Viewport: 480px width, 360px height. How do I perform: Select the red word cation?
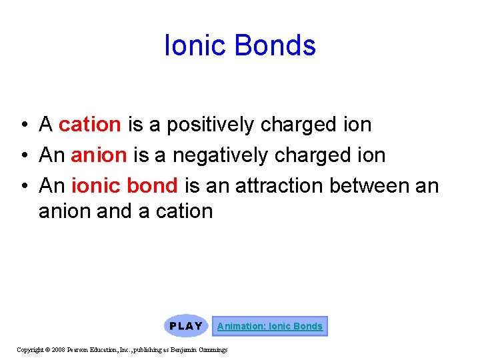point(89,125)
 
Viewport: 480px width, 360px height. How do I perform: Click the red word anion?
point(99,155)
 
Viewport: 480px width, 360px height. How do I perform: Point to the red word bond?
point(153,185)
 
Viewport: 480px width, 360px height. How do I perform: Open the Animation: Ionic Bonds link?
point(269,326)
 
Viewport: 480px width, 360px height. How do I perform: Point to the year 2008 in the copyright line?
point(57,349)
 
